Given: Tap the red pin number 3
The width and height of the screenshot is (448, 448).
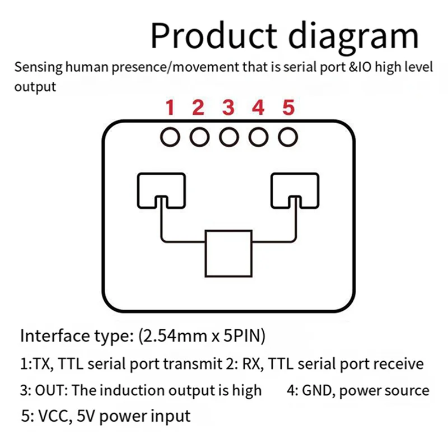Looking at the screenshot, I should (x=228, y=107).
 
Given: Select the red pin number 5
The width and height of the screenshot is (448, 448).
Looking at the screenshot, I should (x=288, y=107).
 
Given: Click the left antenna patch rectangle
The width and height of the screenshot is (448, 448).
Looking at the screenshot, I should (x=161, y=189).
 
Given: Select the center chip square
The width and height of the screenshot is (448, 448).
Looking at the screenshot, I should (x=227, y=252).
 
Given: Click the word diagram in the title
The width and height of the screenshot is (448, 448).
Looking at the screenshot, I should (x=354, y=37).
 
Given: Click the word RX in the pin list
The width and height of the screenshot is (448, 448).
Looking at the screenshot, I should (x=249, y=364).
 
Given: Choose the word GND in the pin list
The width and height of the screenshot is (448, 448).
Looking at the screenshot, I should (x=318, y=390).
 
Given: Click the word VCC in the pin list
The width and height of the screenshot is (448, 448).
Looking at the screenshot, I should (x=55, y=416).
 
